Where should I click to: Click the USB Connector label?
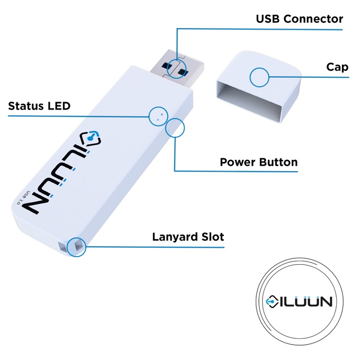(299, 19)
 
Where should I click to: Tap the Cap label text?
(337, 67)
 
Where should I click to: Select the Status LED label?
(39, 106)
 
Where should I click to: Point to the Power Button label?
(258, 162)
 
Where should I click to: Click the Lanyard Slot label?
(188, 237)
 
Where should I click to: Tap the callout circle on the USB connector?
(177, 68)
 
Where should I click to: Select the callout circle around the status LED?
(158, 116)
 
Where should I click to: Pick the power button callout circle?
(175, 128)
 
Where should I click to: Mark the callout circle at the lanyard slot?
(76, 246)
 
